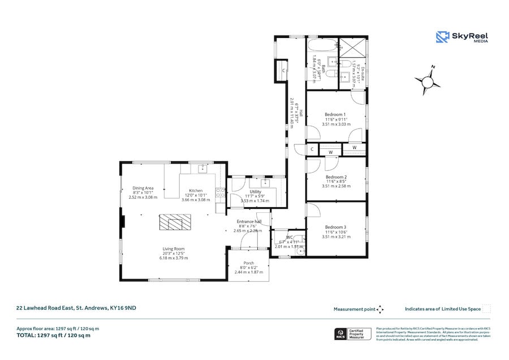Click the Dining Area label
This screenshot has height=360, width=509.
point(143,188)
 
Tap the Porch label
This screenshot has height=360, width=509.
point(248,263)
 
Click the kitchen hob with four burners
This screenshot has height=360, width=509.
point(220,193)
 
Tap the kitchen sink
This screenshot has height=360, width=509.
point(202,168)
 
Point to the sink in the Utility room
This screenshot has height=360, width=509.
point(264,183)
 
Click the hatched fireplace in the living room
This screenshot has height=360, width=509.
point(171,222)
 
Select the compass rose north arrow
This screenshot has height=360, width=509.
point(428,80)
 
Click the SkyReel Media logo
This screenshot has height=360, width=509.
point(462,37)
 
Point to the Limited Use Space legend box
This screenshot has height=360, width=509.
point(486,309)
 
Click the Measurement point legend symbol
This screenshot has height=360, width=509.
point(380,309)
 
